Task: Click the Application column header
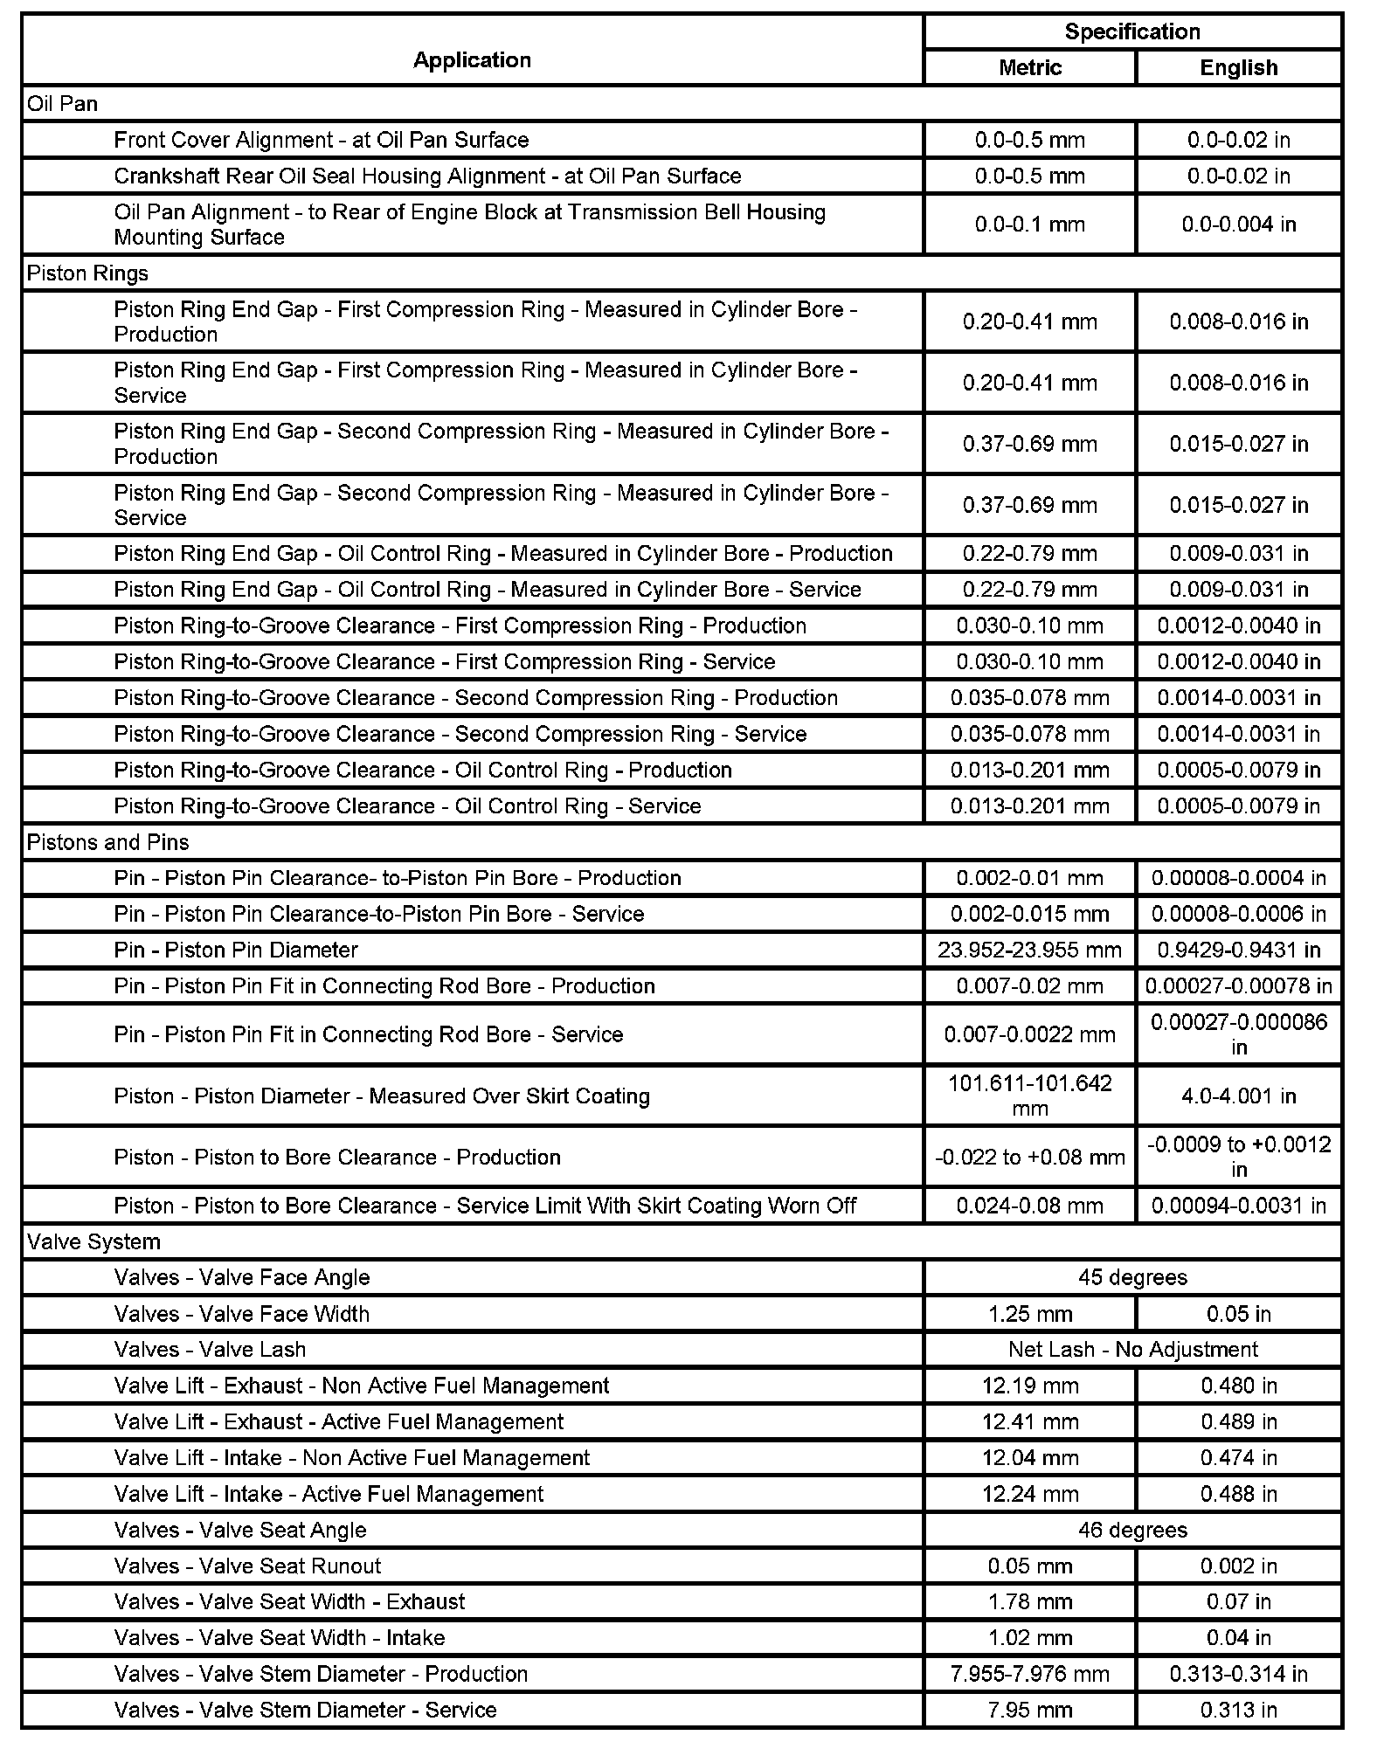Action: pyautogui.click(x=472, y=59)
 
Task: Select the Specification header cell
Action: pyautogui.click(x=1132, y=32)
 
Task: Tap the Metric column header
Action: pyautogui.click(x=1030, y=67)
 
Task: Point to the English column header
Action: pyautogui.click(x=1239, y=67)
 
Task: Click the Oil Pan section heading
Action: pyautogui.click(x=63, y=104)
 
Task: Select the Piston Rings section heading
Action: pyautogui.click(x=87, y=273)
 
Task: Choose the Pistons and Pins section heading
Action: pyautogui.click(x=107, y=842)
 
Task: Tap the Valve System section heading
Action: pyautogui.click(x=93, y=1241)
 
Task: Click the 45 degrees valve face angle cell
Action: pyautogui.click(x=1132, y=1277)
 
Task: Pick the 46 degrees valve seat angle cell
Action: pyautogui.click(x=1132, y=1530)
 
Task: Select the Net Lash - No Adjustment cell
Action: pyautogui.click(x=1132, y=1349)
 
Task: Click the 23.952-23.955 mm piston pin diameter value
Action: pyautogui.click(x=1030, y=950)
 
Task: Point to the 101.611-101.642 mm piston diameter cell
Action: pyautogui.click(x=1030, y=1096)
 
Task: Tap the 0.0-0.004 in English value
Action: pyautogui.click(x=1239, y=225)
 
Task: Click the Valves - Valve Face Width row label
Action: pyautogui.click(x=242, y=1314)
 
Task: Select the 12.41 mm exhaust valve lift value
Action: pyautogui.click(x=1030, y=1421)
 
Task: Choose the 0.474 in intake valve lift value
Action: pyautogui.click(x=1239, y=1457)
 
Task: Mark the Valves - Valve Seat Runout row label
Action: pyautogui.click(x=247, y=1566)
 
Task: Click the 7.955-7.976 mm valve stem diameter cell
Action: pyautogui.click(x=1030, y=1674)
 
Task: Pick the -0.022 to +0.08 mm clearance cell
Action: pyautogui.click(x=1030, y=1157)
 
